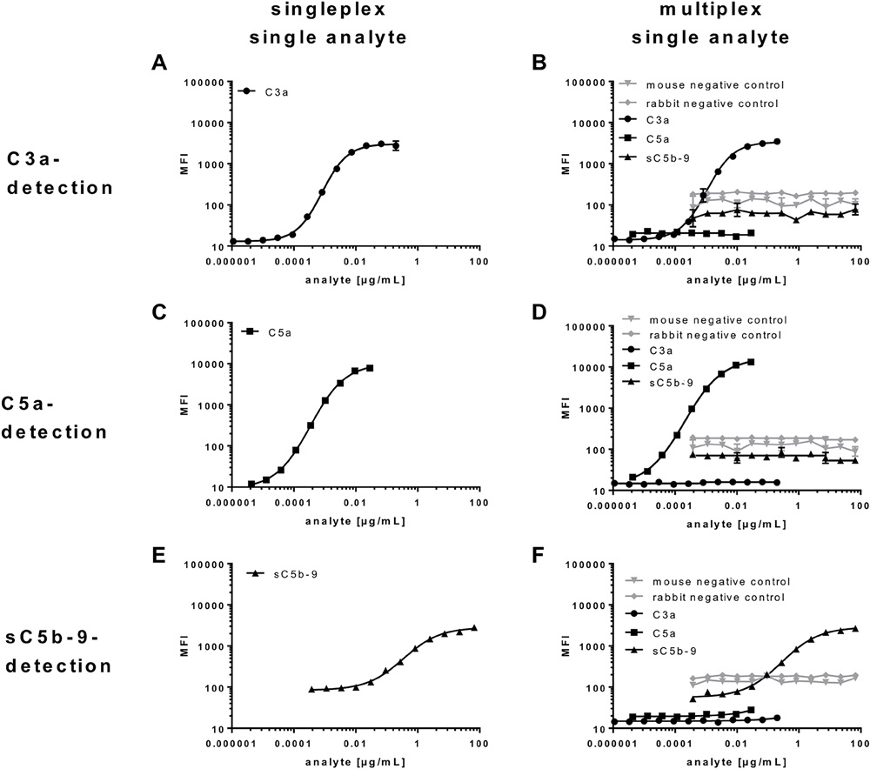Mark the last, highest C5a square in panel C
pyautogui.click(x=370, y=368)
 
